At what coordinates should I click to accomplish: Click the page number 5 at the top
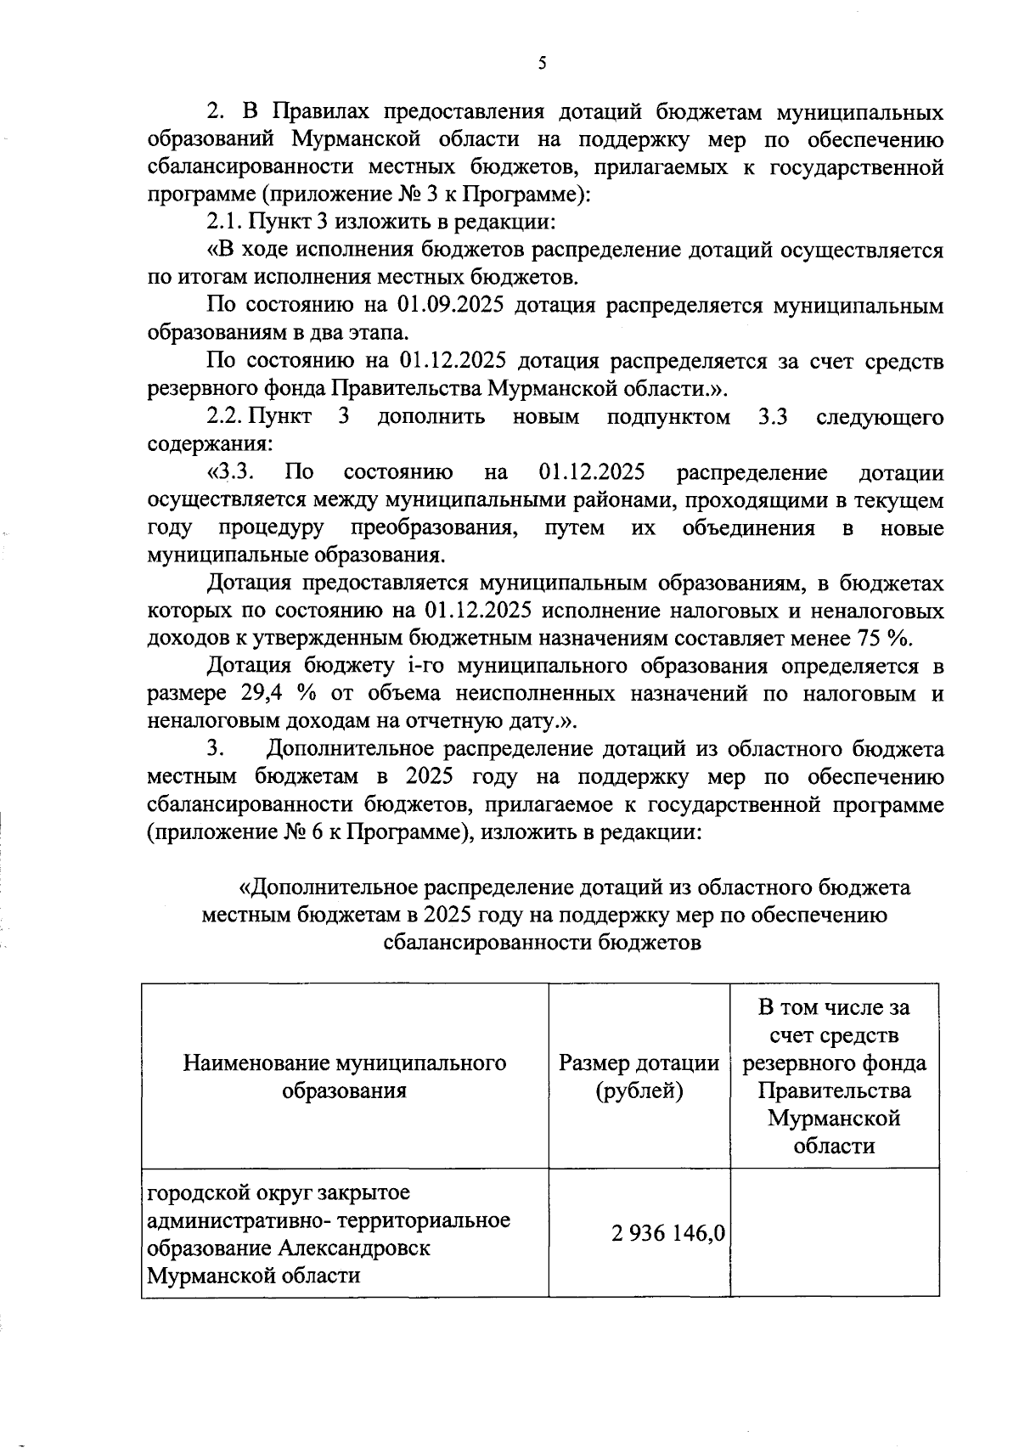542,64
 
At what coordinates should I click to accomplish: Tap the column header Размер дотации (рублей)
639,1077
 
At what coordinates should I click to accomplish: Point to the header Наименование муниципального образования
345,1077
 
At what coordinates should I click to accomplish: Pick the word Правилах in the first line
318,112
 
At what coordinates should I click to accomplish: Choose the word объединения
748,528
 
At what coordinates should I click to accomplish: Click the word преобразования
434,528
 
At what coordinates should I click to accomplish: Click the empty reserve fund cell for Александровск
834,1232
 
